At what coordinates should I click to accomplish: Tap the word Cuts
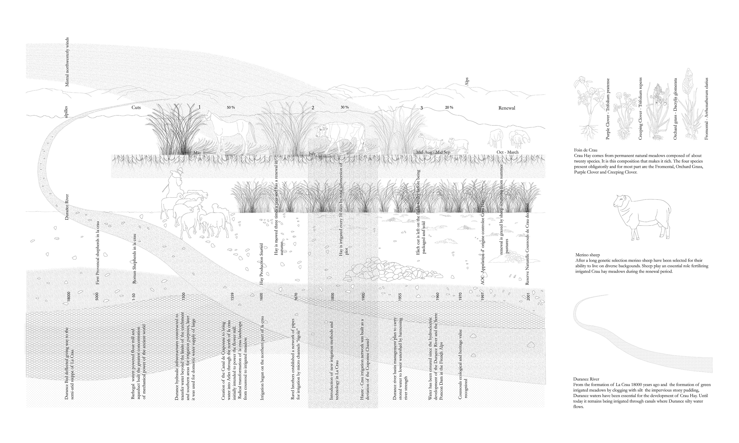(x=136, y=107)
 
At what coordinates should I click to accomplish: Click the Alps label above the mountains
(x=467, y=82)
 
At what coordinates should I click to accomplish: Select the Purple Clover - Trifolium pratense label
(x=608, y=109)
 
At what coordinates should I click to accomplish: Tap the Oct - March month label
(x=507, y=152)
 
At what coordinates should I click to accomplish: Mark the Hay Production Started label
(x=262, y=264)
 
